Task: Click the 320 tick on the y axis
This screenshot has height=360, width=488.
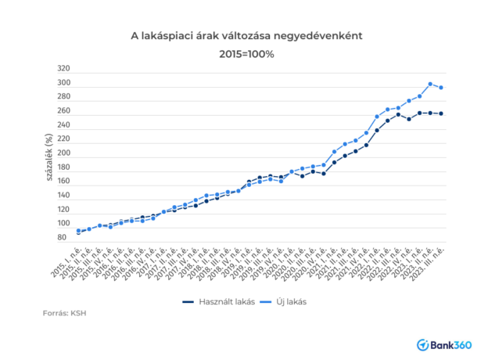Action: coord(63,69)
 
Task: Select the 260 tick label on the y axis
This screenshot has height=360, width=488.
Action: coord(63,111)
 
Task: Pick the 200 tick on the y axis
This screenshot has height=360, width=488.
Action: coord(63,153)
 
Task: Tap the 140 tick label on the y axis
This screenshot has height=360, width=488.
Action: coord(63,196)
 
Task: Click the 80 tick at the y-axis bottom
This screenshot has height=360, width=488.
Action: coord(63,238)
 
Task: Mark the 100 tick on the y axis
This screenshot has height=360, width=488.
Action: coord(63,224)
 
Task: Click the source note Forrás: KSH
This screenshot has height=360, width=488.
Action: coord(64,314)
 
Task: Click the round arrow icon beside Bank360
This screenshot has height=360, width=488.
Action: coord(422,344)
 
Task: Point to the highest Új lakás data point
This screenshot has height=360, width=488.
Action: coord(430,84)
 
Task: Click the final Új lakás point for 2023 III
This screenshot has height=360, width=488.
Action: coord(441,88)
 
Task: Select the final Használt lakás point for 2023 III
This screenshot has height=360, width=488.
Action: coord(441,113)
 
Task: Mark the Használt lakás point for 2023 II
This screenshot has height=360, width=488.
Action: coord(430,113)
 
